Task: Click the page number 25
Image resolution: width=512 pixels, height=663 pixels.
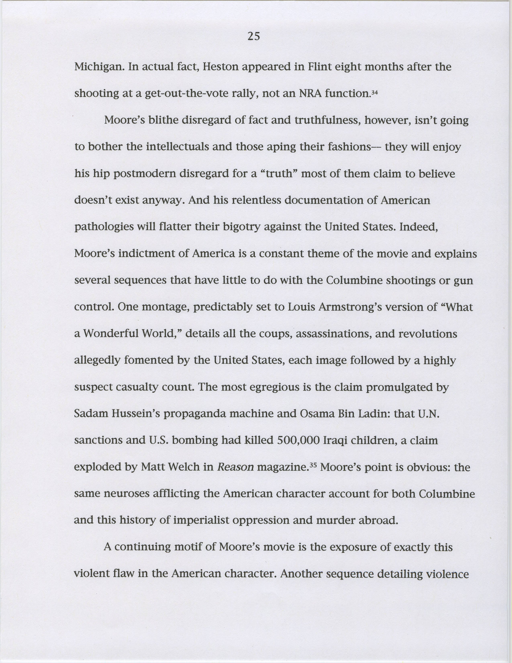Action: tap(254, 37)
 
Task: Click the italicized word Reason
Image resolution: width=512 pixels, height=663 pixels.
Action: tap(236, 467)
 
